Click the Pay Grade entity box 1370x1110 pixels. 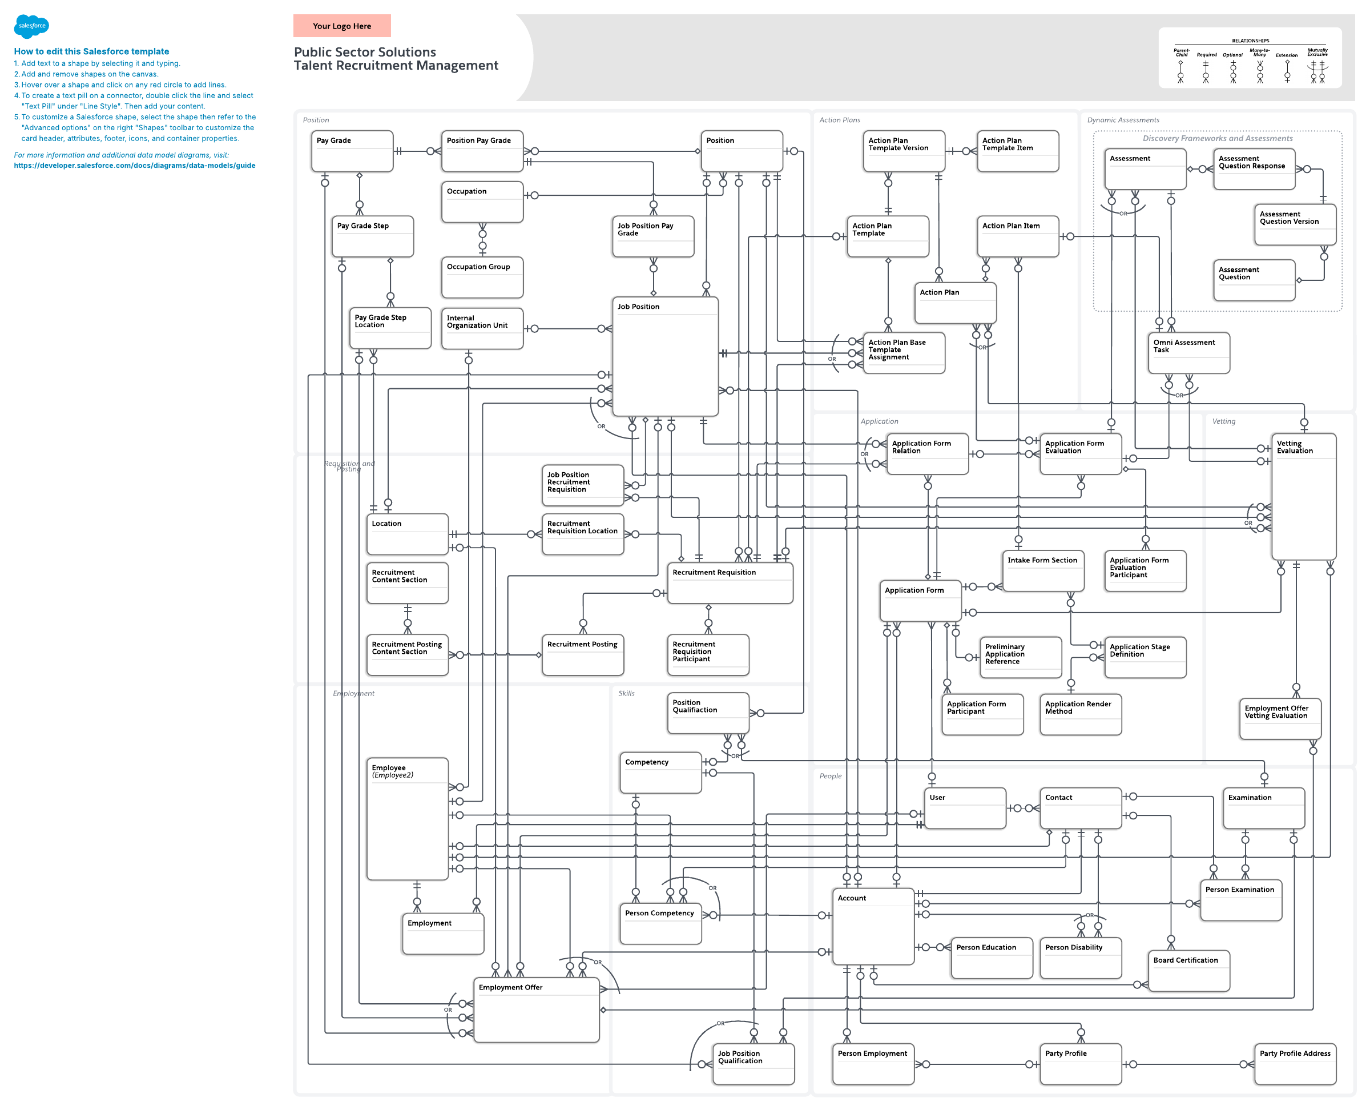(x=352, y=151)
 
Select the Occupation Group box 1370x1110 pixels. (x=482, y=277)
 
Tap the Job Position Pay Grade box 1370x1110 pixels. (x=652, y=236)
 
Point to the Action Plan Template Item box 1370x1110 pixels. (x=1017, y=151)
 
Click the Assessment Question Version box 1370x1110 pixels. (x=1295, y=224)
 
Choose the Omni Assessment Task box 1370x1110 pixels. (x=1188, y=352)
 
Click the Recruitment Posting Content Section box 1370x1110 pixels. (x=407, y=654)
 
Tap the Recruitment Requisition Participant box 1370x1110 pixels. (x=708, y=654)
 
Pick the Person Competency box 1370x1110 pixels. (x=660, y=923)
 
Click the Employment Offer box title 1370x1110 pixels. (x=510, y=987)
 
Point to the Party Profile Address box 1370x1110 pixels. (x=1295, y=1064)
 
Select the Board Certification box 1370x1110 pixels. (x=1188, y=970)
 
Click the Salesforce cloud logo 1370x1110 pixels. (x=31, y=26)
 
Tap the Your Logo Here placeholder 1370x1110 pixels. (x=342, y=26)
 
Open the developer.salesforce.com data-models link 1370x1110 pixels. (x=134, y=166)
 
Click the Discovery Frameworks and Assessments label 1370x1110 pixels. (x=1217, y=139)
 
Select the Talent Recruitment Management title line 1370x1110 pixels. (x=396, y=66)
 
